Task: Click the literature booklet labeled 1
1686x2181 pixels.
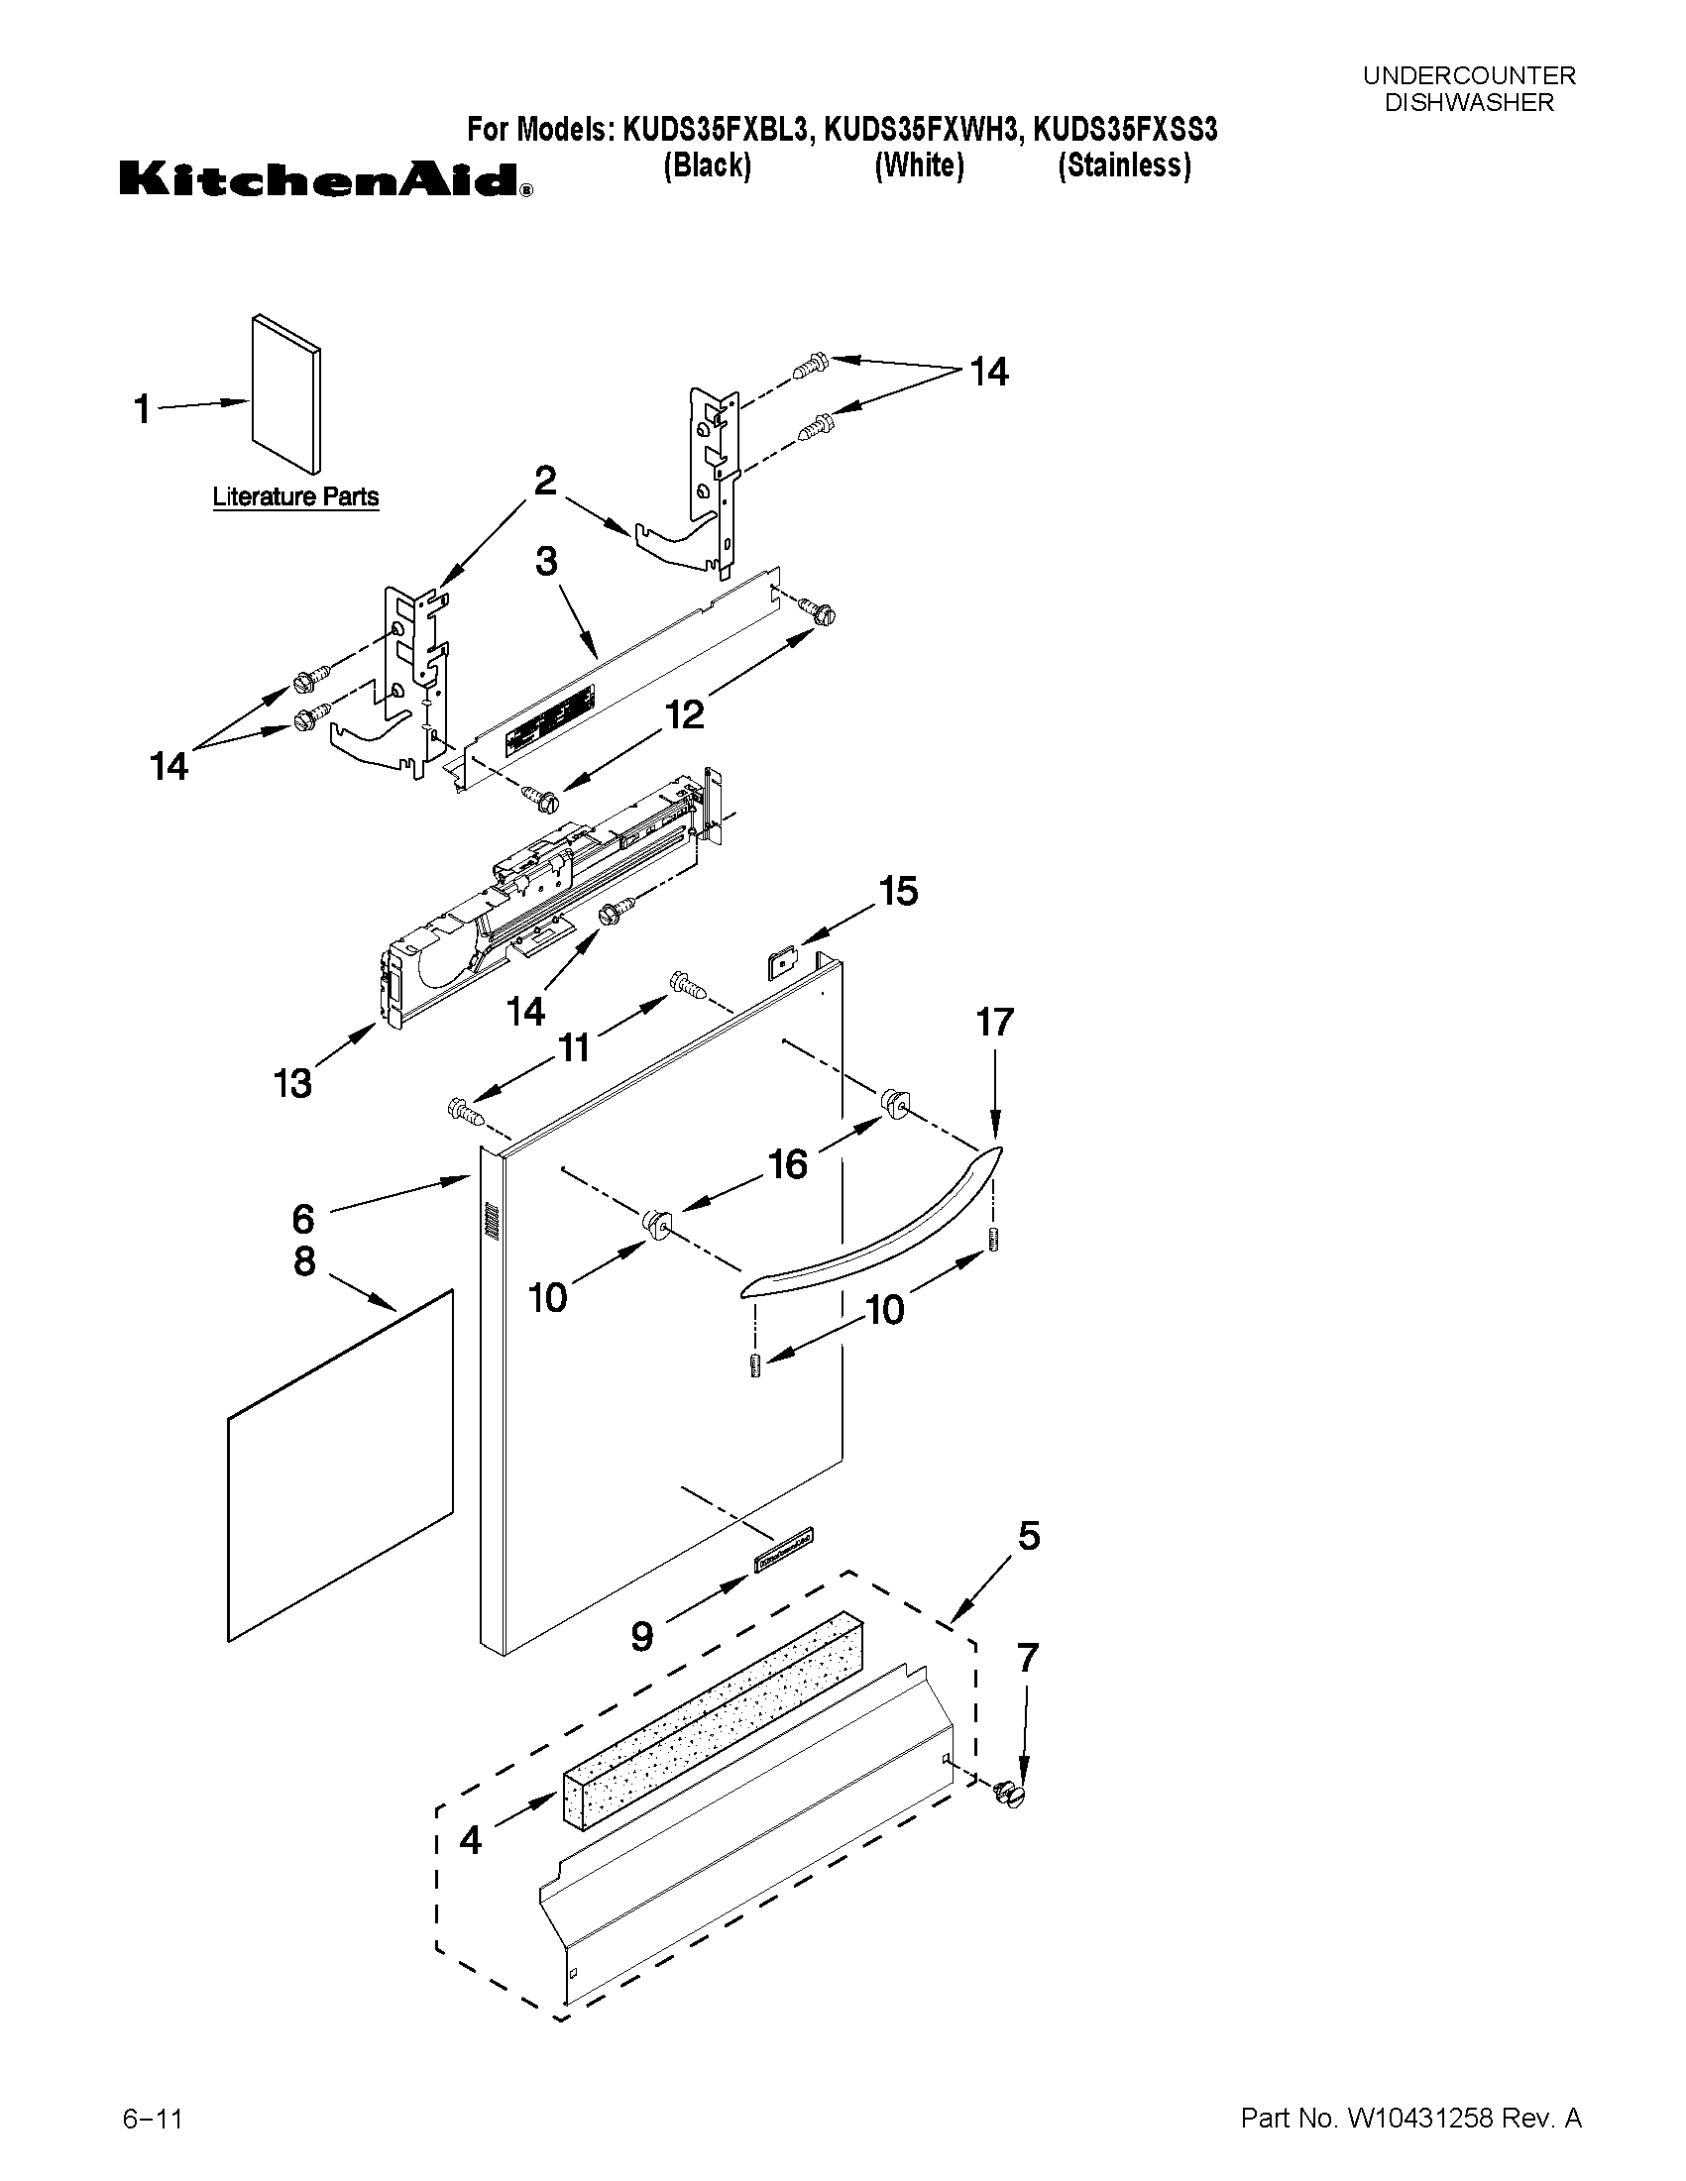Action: pos(285,393)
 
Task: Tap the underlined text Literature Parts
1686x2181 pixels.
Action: pos(295,496)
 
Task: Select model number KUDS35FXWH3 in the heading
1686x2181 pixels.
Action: pos(919,131)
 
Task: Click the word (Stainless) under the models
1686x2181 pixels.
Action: pos(1124,165)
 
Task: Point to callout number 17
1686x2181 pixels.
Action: pos(994,1022)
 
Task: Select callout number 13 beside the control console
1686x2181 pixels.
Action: pos(292,1082)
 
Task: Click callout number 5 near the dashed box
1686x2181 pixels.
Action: pos(1028,1536)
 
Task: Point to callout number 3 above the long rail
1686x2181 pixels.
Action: pos(545,561)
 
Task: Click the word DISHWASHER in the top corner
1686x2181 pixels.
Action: pos(1468,102)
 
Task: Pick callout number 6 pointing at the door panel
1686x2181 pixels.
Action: pos(302,1218)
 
